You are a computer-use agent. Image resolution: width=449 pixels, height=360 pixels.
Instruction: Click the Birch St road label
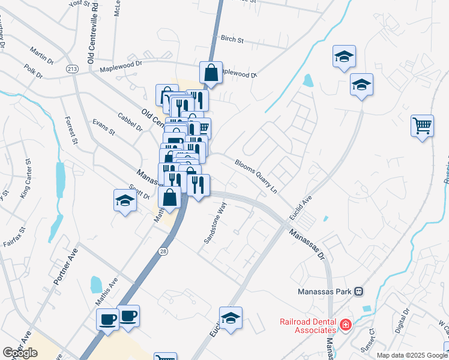(232, 40)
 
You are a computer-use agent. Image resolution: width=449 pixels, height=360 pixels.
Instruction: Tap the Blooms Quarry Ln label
(256, 175)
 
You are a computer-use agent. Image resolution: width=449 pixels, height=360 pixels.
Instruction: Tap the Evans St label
(103, 127)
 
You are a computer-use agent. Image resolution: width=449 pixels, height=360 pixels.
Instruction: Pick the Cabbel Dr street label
(130, 122)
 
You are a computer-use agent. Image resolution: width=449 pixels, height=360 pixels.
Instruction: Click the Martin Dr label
(41, 58)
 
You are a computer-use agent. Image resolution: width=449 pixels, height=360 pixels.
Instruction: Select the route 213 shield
(73, 69)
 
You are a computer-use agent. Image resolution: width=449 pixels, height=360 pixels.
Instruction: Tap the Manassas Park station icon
(358, 292)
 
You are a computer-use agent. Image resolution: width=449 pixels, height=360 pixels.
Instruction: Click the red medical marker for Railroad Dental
(345, 325)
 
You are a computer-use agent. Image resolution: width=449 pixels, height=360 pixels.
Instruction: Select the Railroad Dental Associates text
(307, 326)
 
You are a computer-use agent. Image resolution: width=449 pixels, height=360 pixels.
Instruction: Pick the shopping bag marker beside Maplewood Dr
(211, 73)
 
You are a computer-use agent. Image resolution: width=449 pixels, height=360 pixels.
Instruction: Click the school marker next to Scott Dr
(125, 200)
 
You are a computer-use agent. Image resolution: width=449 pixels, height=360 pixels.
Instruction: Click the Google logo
(20, 353)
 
